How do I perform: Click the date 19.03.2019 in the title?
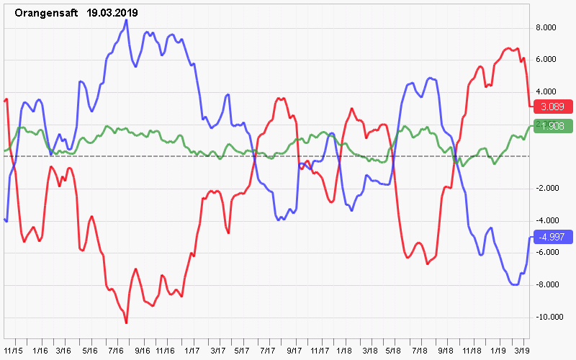(112, 13)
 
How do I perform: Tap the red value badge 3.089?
(552, 107)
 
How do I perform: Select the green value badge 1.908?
(552, 126)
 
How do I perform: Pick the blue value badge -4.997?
(552, 237)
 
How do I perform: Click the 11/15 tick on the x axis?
(13, 350)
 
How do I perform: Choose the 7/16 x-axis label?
(114, 350)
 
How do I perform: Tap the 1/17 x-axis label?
(192, 350)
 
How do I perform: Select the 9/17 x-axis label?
(294, 350)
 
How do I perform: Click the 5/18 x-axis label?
(394, 350)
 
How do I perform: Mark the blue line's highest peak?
(127, 20)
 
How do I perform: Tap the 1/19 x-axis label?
(497, 350)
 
